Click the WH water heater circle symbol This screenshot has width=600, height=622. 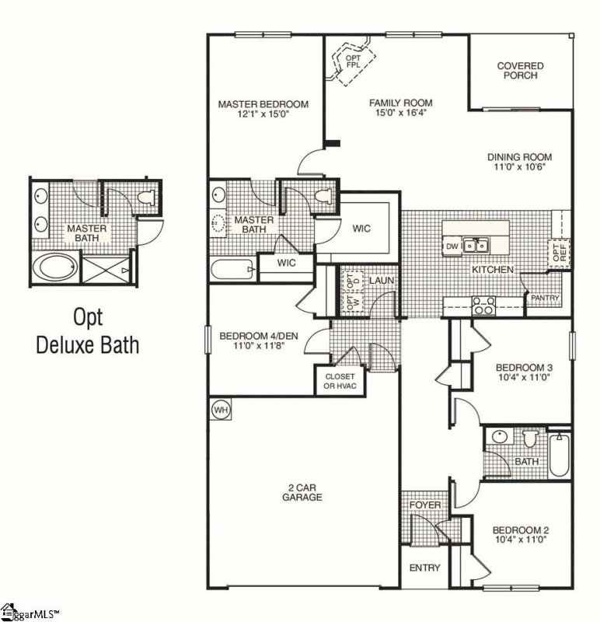(x=222, y=409)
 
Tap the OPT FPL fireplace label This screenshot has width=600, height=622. (x=353, y=61)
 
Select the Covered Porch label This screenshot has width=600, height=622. (x=520, y=71)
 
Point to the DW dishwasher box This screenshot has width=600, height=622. (x=452, y=246)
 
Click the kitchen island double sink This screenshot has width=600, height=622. (x=476, y=246)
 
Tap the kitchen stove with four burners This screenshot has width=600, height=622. (x=483, y=306)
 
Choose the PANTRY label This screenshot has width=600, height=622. (x=545, y=298)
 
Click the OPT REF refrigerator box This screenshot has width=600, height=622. (x=559, y=252)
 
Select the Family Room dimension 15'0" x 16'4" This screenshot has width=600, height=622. (x=401, y=113)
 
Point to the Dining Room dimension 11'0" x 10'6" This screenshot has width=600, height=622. (x=519, y=166)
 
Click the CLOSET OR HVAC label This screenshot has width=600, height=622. (x=340, y=381)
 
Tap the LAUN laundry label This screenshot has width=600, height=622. (x=382, y=281)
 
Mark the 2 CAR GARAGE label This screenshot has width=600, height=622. (x=302, y=492)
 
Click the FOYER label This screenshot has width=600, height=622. (x=424, y=505)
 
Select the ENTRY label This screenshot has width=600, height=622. (x=424, y=568)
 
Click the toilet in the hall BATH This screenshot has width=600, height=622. (x=529, y=439)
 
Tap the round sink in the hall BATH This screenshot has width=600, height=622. (x=500, y=437)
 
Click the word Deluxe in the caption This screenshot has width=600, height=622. (x=87, y=344)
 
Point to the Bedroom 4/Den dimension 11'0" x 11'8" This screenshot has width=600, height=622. (x=259, y=345)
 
